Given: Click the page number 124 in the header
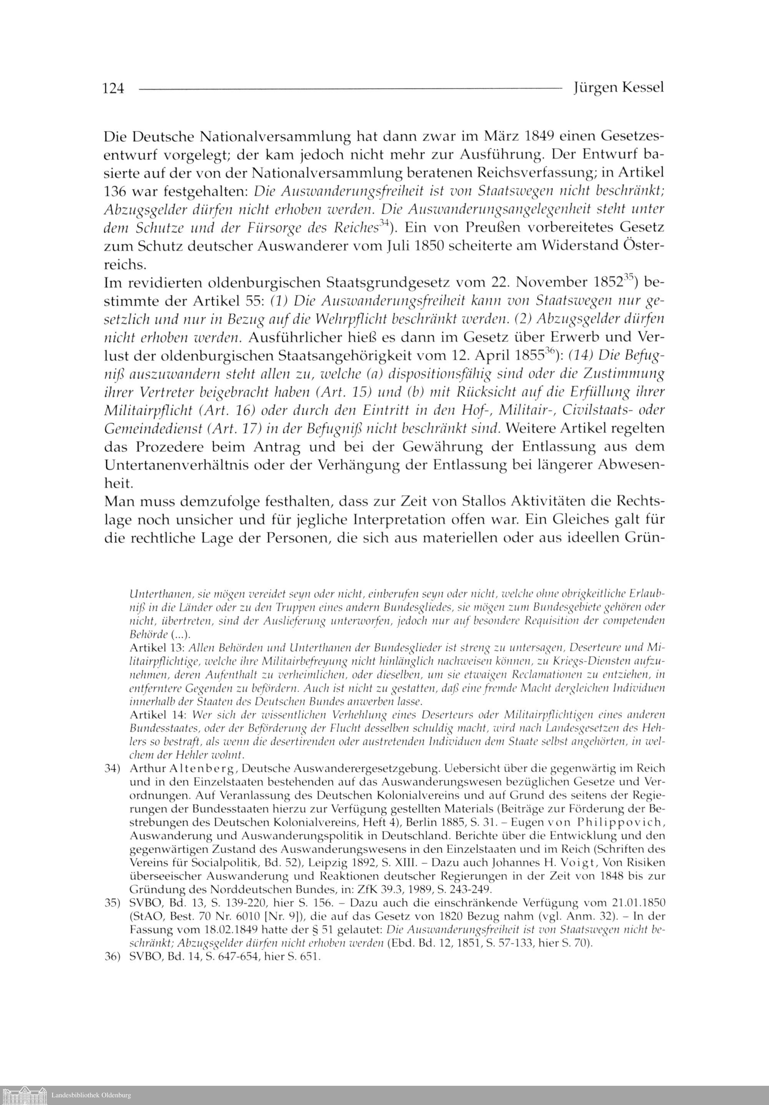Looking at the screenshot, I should tap(113, 88).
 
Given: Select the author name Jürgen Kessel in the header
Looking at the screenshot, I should tap(618, 88).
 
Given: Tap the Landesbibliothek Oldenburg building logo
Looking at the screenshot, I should tap(24, 1094).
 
